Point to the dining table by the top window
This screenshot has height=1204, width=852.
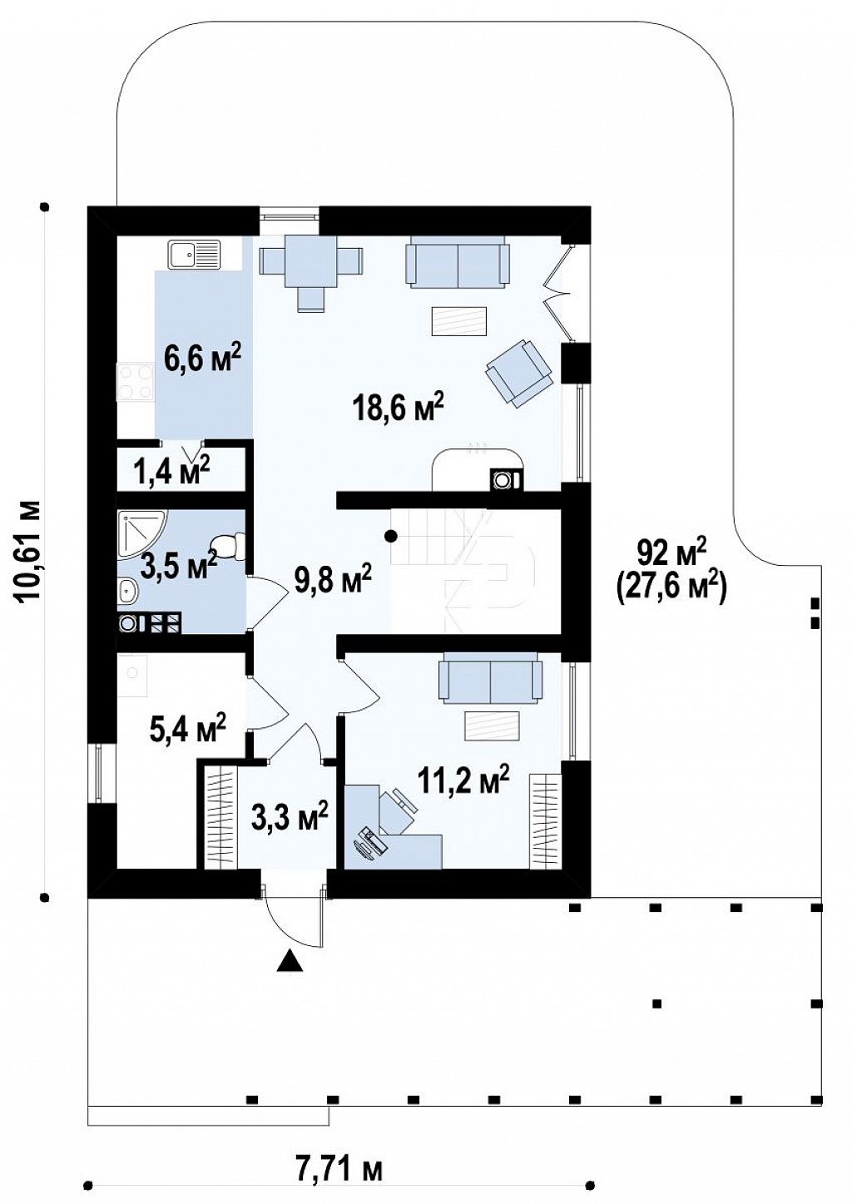[x=312, y=262]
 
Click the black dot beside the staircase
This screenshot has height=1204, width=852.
[x=391, y=536]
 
